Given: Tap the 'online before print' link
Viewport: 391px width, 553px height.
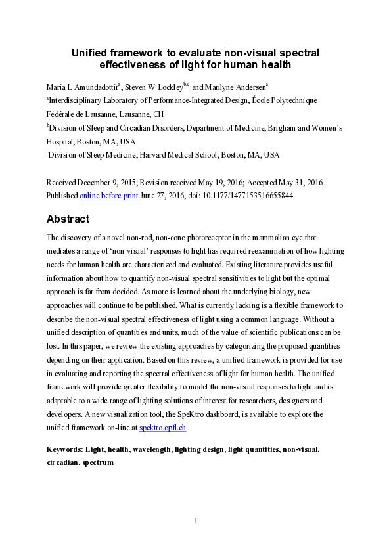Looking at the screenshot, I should click(x=108, y=196).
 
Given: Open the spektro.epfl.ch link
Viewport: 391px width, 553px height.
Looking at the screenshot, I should click(x=163, y=428).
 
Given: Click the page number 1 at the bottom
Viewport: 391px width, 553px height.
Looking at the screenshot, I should click(x=196, y=521).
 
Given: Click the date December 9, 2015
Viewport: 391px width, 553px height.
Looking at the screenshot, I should click(x=109, y=182).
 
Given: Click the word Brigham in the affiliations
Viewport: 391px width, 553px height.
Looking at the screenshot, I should click(x=290, y=127).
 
